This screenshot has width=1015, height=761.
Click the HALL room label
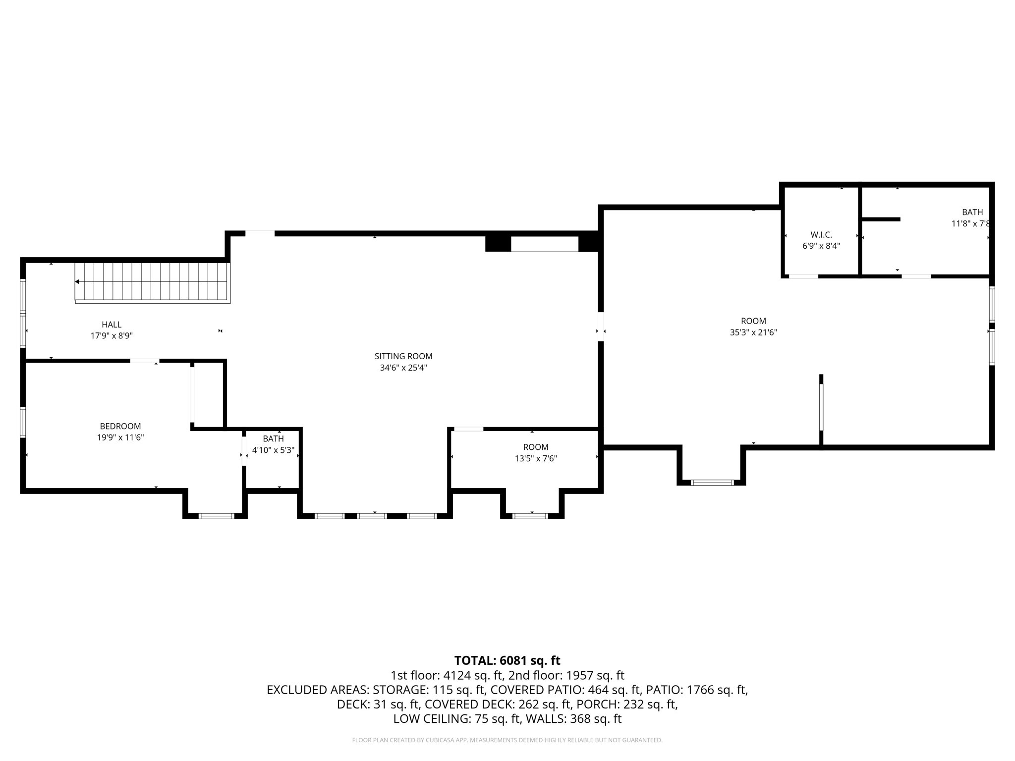(x=112, y=325)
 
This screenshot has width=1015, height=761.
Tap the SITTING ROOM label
(x=403, y=356)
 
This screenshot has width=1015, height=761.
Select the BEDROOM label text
(x=120, y=426)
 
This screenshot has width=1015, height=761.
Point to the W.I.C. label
(x=821, y=235)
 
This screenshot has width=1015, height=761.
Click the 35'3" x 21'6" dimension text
(x=753, y=332)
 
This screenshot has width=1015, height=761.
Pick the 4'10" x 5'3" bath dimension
(x=273, y=450)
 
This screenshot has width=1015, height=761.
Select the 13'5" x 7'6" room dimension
(x=536, y=459)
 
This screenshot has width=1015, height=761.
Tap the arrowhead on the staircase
(x=77, y=281)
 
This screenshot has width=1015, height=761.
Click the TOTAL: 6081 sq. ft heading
(x=507, y=660)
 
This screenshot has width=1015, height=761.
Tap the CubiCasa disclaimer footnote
(x=507, y=740)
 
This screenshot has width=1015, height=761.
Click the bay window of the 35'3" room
(x=712, y=482)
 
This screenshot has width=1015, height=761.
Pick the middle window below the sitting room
(x=372, y=516)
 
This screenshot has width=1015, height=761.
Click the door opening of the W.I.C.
(x=803, y=276)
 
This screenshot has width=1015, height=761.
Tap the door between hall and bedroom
(x=145, y=361)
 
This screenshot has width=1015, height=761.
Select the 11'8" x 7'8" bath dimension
(x=970, y=223)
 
